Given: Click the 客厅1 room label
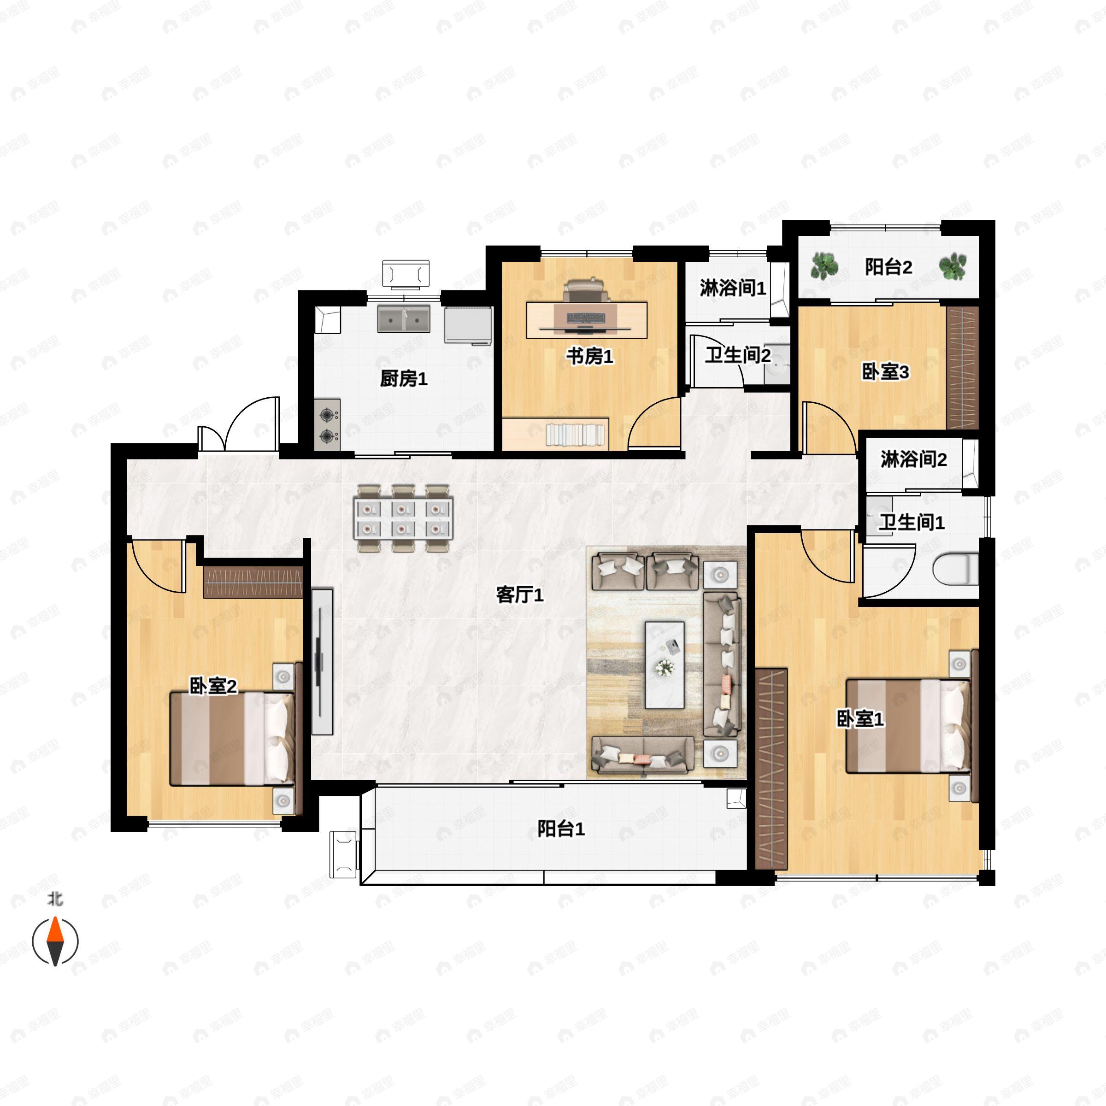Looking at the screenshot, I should [x=519, y=595].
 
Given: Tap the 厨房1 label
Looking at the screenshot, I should [x=404, y=378].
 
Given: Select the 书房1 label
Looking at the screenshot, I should [x=590, y=356].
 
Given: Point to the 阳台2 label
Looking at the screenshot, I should [x=888, y=267].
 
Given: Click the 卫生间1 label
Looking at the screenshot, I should [x=912, y=522].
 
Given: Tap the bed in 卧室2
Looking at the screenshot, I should [x=232, y=738].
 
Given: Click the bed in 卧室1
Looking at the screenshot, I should [x=907, y=726].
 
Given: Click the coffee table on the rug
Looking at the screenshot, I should [x=664, y=665].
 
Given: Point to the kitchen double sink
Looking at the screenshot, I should [x=404, y=319].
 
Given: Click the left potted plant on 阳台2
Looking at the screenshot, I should [x=824, y=266].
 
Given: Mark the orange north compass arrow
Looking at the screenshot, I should [x=55, y=929].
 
